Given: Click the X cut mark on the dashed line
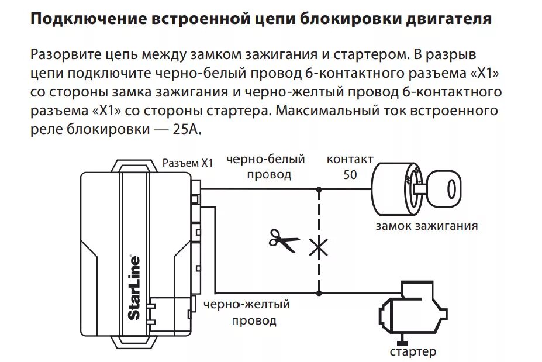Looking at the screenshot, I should point(319,248).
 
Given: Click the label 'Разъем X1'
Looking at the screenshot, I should point(188,164).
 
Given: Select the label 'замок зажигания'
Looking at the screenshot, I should point(426,226).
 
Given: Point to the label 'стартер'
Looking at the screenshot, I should point(413,351).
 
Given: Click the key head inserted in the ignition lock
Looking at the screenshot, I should point(447,189).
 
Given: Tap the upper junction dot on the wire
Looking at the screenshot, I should point(319,189).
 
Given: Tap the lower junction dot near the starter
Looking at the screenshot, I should point(319,292).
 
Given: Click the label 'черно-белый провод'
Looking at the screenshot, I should point(266,167).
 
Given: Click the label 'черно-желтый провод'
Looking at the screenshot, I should point(246,312).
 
